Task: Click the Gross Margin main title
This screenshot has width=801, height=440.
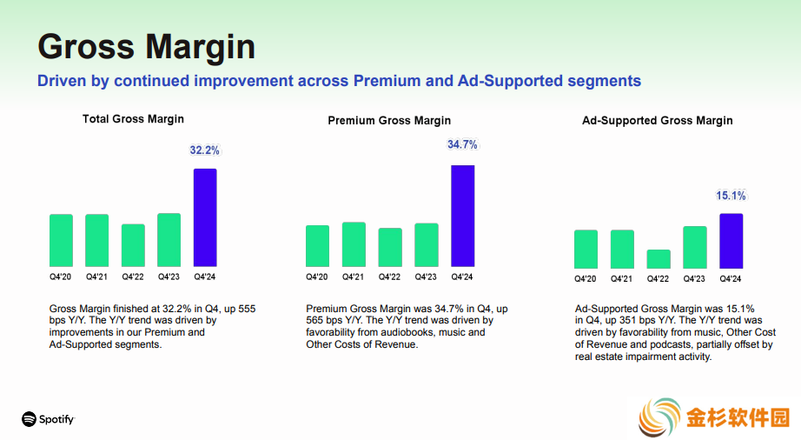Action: tap(146, 46)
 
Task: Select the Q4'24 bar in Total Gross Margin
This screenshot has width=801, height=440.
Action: tap(205, 217)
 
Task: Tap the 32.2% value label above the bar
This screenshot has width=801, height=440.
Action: tap(204, 150)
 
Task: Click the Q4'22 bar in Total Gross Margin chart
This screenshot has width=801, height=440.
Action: tap(133, 245)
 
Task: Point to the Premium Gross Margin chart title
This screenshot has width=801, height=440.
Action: tap(389, 121)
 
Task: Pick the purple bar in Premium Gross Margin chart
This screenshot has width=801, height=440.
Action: tap(462, 216)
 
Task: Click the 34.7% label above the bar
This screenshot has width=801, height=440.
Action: tap(462, 144)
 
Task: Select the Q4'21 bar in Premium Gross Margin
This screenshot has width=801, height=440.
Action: tap(354, 244)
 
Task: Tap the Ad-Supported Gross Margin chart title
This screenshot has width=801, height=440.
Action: tap(658, 121)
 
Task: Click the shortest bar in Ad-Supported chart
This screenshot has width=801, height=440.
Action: tap(659, 259)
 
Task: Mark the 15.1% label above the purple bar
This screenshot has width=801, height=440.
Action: tap(731, 196)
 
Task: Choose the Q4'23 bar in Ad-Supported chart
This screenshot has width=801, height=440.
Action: tap(695, 247)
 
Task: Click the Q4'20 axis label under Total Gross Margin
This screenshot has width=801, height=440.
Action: tap(60, 277)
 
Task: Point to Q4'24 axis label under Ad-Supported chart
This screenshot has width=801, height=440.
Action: tap(731, 279)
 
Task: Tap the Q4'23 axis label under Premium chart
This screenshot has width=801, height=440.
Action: tap(426, 277)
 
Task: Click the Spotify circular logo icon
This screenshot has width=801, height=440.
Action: tap(30, 419)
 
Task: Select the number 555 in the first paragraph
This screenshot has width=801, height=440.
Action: tap(247, 309)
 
